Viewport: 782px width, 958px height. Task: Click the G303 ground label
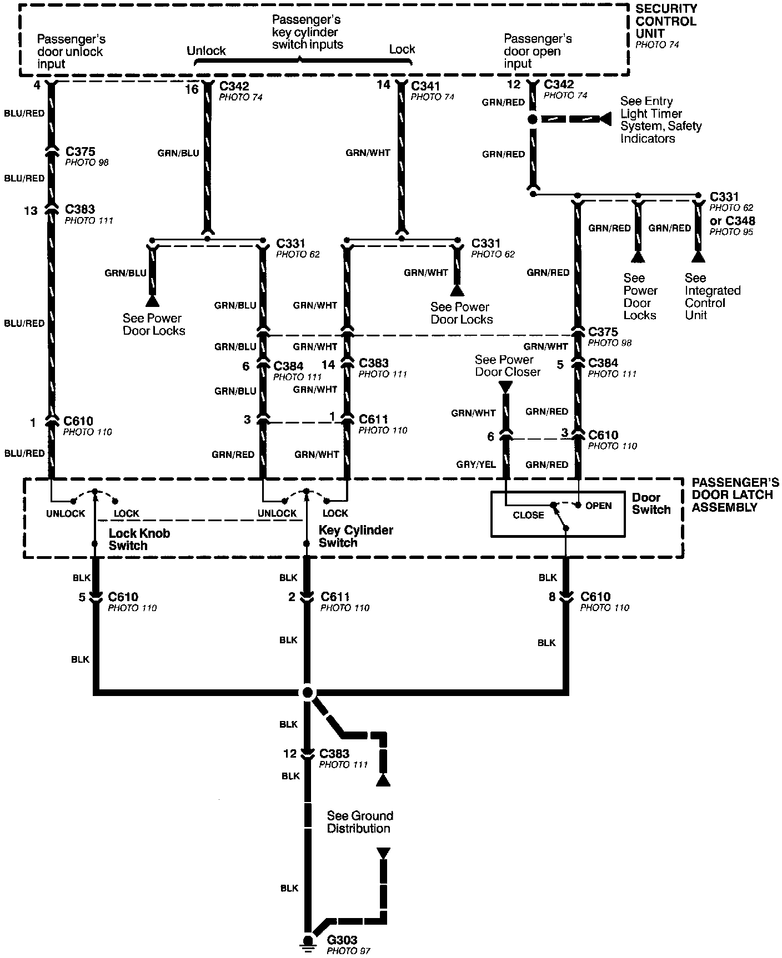(x=342, y=940)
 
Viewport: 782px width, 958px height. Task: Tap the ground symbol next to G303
(x=306, y=946)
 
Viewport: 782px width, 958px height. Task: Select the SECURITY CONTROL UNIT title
(x=666, y=21)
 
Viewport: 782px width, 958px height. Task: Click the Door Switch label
(x=651, y=503)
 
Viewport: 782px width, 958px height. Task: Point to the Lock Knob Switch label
(x=139, y=539)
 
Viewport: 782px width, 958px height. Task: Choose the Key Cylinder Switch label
(x=355, y=536)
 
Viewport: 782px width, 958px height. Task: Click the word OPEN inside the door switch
(x=598, y=506)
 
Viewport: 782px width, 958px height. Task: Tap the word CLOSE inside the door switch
(x=528, y=515)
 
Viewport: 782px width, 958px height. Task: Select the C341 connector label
(x=425, y=86)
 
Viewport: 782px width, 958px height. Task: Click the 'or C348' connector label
(x=733, y=221)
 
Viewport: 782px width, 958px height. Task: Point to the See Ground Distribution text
(x=359, y=822)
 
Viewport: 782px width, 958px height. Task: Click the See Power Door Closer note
(x=507, y=366)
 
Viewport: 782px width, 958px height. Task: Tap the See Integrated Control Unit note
(x=712, y=296)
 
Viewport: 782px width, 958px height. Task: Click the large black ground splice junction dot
(x=307, y=693)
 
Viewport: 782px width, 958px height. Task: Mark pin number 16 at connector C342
(x=192, y=89)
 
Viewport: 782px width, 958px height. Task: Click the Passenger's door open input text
(x=537, y=51)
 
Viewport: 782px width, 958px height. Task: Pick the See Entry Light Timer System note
(x=660, y=120)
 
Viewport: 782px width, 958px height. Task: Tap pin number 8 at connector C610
(x=552, y=598)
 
